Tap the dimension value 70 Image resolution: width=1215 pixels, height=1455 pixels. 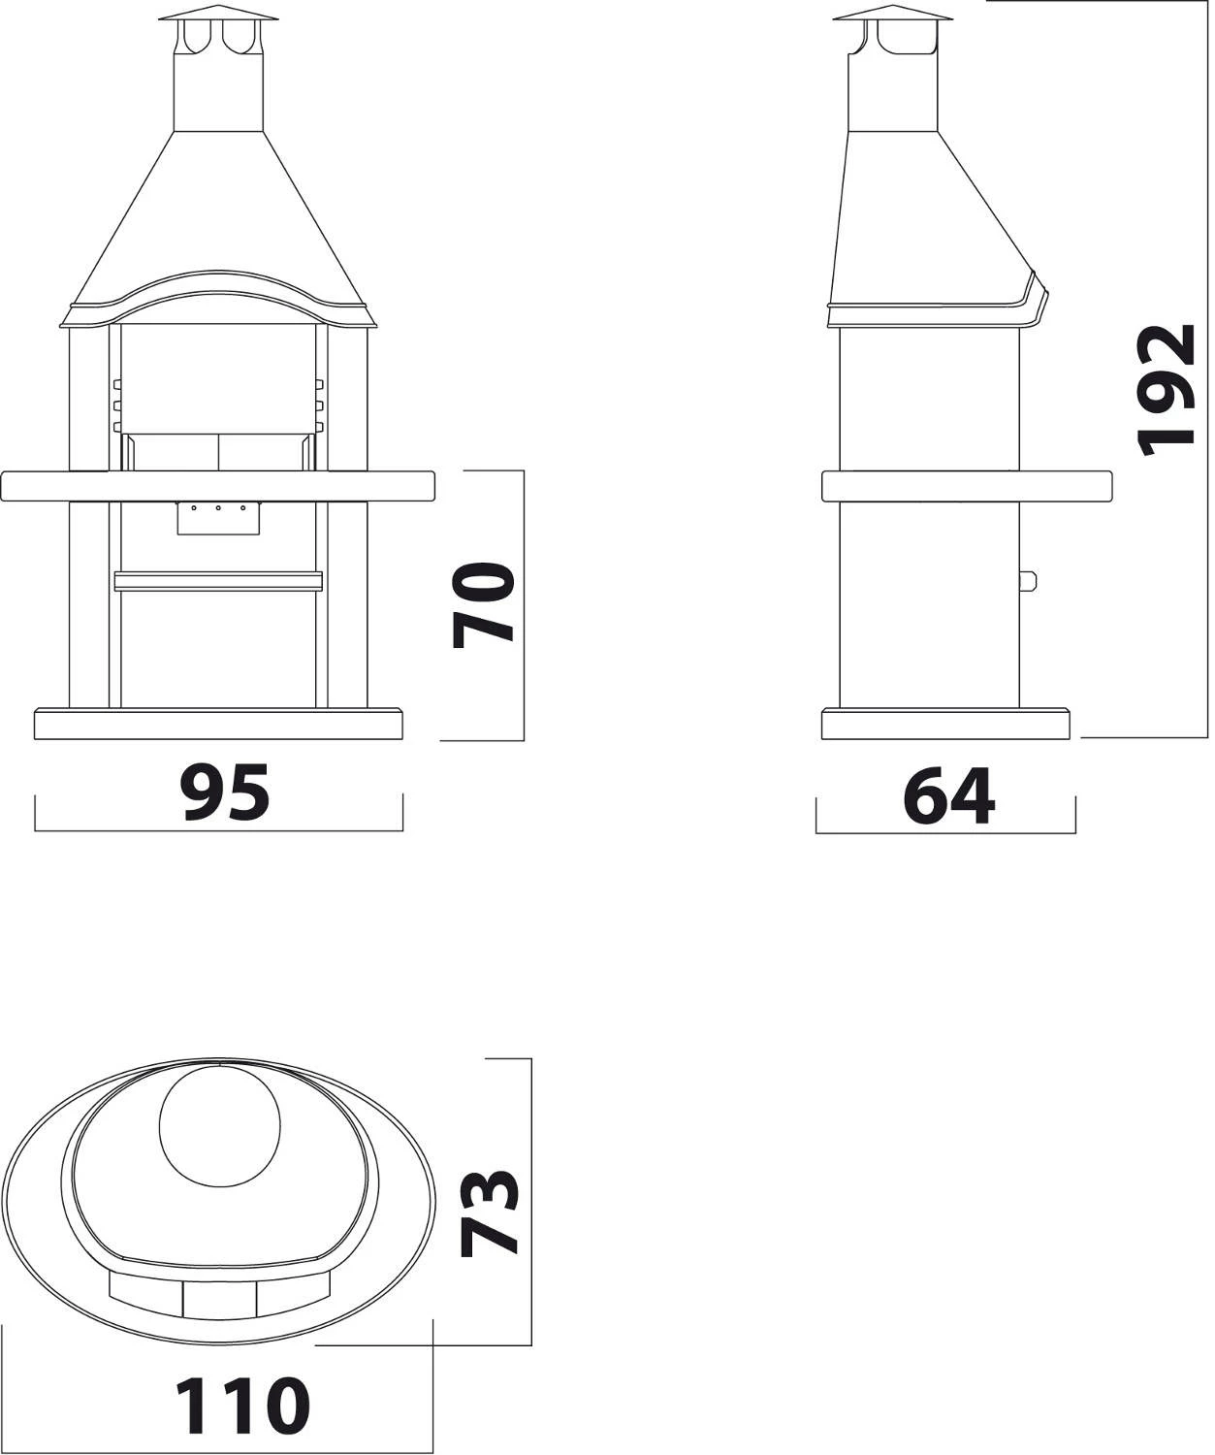pyautogui.click(x=484, y=605)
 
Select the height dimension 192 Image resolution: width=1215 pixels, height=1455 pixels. pyautogui.click(x=1165, y=390)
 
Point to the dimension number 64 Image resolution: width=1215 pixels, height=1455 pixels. pyautogui.click(x=949, y=795)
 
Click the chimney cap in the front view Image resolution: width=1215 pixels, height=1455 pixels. pyautogui.click(x=218, y=16)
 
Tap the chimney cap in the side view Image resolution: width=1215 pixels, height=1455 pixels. pyautogui.click(x=892, y=16)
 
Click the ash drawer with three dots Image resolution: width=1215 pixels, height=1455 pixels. pyautogui.click(x=218, y=518)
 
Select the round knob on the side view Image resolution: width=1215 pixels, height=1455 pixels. pyautogui.click(x=1028, y=581)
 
